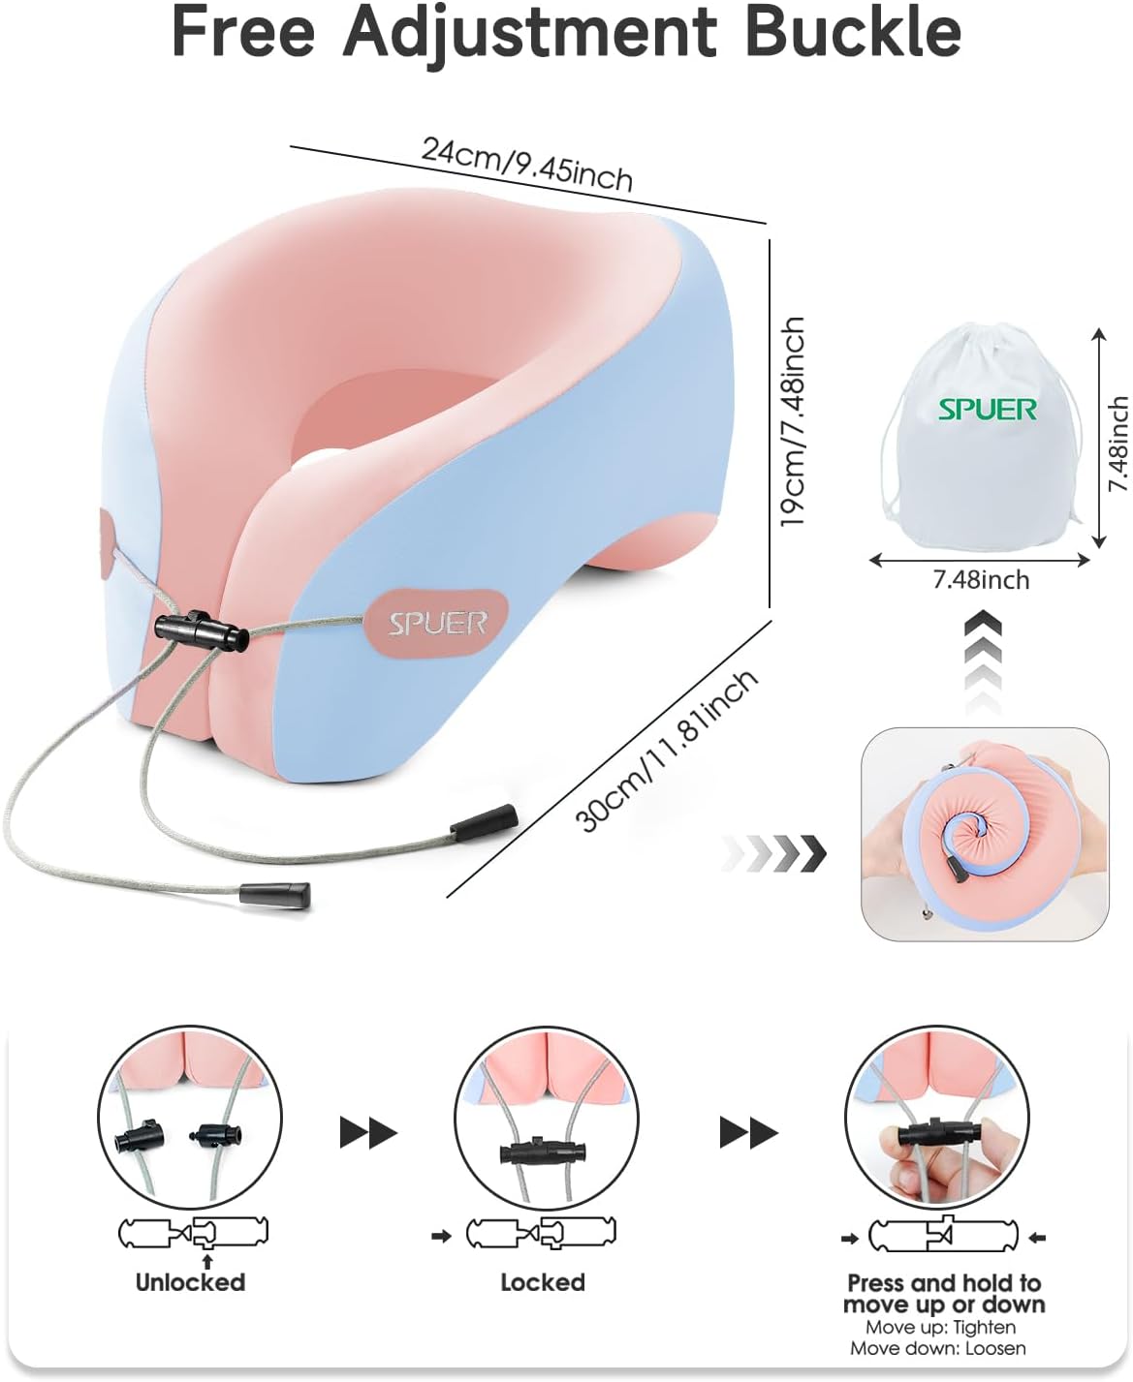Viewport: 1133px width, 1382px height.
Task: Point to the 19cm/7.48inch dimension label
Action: coord(793,421)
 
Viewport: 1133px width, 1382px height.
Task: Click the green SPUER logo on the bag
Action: coord(987,410)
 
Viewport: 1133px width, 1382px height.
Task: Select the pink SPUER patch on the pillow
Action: coord(437,623)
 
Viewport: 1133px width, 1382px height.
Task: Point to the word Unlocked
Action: coord(190,1282)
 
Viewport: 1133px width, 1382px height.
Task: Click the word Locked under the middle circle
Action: coord(543,1282)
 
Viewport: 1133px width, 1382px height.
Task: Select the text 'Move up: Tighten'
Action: coord(940,1327)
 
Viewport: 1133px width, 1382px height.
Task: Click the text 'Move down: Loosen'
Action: coord(937,1347)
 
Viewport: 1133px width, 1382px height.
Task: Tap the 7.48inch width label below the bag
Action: coord(981,580)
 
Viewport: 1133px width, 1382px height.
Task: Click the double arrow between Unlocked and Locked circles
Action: coord(368,1132)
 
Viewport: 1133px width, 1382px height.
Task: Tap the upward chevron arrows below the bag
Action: coord(983,659)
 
